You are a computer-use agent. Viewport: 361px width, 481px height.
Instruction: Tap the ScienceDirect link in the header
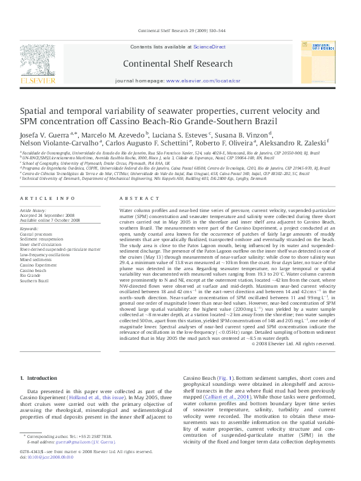pyautogui.click(x=209, y=47)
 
